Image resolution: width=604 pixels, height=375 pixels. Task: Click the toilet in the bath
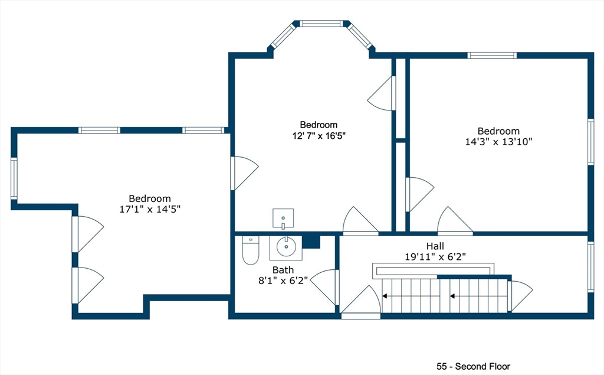[250, 250]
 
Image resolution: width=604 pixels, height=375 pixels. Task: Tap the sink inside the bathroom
[285, 247]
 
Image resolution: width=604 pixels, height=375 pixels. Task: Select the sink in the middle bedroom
[283, 218]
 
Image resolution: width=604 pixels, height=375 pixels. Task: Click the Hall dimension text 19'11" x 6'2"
[435, 257]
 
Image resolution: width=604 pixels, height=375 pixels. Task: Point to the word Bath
[283, 269]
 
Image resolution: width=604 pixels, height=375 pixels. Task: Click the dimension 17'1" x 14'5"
[150, 209]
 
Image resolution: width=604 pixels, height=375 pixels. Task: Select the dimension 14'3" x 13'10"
[498, 142]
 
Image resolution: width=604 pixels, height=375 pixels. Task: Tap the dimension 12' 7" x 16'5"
[319, 135]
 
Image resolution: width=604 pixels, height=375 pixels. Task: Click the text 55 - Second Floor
[473, 366]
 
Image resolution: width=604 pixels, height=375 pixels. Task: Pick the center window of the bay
[321, 24]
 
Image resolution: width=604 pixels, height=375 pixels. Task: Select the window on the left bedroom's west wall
[14, 178]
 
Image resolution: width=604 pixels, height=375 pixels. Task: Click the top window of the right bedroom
[492, 56]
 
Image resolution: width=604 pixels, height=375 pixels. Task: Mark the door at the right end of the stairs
[519, 295]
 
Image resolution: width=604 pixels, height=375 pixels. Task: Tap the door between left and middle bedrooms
[242, 172]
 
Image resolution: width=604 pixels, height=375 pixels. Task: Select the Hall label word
[435, 246]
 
